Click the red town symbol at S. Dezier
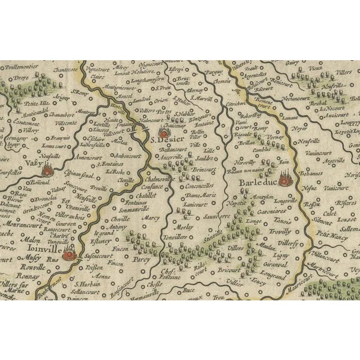(x=163, y=134)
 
